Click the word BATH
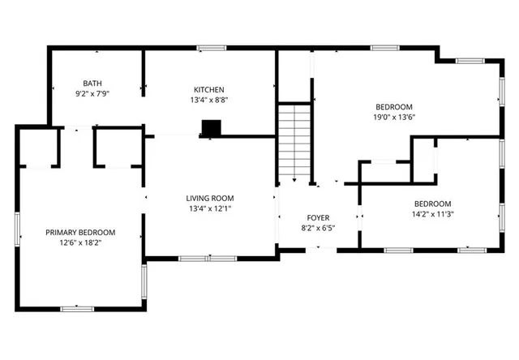point(92,83)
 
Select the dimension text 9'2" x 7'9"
point(92,93)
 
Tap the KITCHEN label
point(208,89)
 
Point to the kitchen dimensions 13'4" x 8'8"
point(208,100)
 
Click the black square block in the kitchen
point(211,127)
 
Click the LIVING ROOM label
point(210,198)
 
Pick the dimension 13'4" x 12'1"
point(210,208)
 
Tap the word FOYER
point(317,217)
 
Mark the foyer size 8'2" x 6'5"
point(317,228)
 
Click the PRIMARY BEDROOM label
point(79,233)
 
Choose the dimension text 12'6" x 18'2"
point(79,243)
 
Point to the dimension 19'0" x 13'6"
point(394,117)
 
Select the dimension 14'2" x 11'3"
point(433,214)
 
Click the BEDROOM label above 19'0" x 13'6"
point(394,106)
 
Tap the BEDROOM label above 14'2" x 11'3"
point(433,204)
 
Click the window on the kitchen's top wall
point(212,49)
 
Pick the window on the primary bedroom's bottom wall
point(78,309)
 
